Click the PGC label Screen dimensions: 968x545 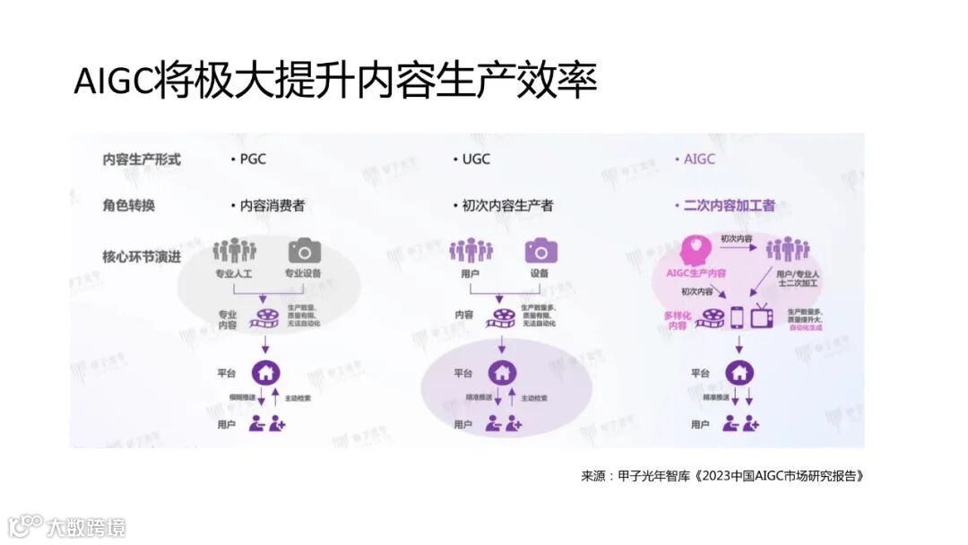point(252,160)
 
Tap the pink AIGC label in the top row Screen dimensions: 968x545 point(698,160)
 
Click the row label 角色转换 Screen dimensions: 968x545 point(128,205)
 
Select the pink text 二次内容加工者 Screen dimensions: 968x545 point(728,205)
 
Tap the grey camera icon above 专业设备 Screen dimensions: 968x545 point(304,251)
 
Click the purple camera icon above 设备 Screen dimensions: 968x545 point(541,251)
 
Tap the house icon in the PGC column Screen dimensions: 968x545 point(264,371)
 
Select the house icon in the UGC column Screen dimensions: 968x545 point(502,371)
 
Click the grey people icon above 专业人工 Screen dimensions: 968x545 point(235,251)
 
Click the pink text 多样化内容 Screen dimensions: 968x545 point(676,321)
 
